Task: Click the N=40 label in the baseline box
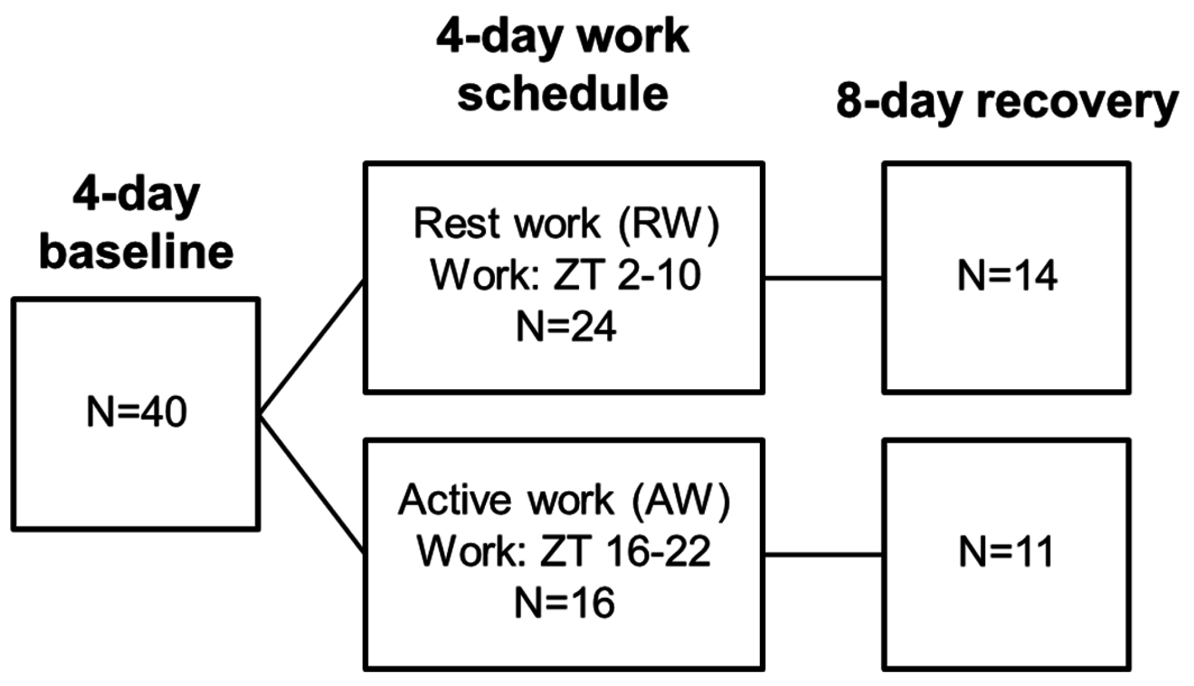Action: pos(136,412)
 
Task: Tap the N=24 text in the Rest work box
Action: pos(565,327)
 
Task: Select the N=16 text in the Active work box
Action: pos(564,603)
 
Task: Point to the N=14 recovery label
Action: pos(1007,276)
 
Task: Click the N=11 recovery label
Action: pos(1007,551)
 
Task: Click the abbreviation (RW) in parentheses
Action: pos(669,224)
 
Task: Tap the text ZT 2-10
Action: pos(627,275)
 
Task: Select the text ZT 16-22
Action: pos(625,551)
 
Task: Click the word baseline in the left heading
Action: pos(137,252)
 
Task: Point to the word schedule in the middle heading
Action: pos(563,94)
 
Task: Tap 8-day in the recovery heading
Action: pos(899,103)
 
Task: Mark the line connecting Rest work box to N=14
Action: pos(823,278)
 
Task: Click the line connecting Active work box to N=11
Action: pos(823,555)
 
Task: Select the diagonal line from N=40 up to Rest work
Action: pos(311,346)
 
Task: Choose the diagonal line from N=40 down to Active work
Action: pos(311,483)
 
